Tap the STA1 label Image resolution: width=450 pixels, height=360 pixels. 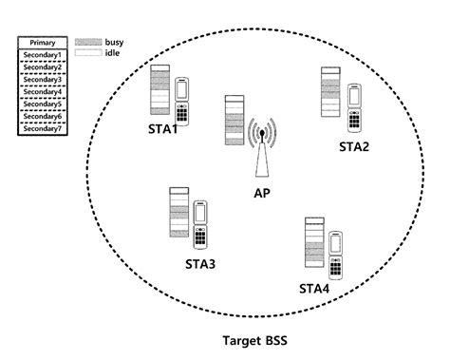tap(163, 130)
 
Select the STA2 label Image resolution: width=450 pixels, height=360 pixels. tap(354, 146)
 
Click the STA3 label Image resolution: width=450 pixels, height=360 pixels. tap(200, 263)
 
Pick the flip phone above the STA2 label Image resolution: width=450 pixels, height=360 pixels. tap(354, 106)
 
